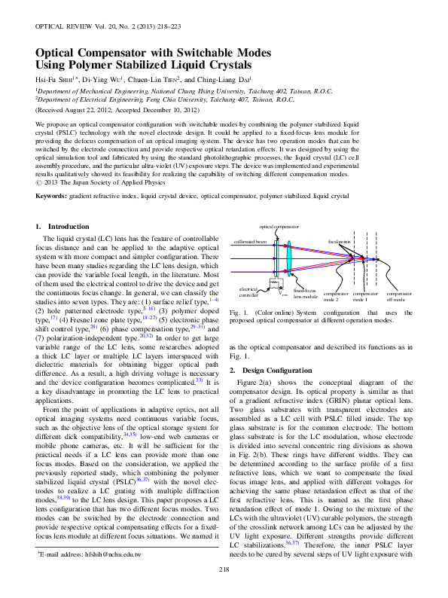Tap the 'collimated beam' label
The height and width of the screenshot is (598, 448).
click(x=250, y=242)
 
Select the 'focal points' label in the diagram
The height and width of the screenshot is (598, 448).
click(x=339, y=242)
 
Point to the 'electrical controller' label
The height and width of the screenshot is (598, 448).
click(x=248, y=291)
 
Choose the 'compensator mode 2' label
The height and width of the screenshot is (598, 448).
click(x=335, y=296)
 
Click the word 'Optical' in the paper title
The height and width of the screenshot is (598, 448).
click(x=62, y=53)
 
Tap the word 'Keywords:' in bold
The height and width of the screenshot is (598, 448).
click(x=55, y=195)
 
